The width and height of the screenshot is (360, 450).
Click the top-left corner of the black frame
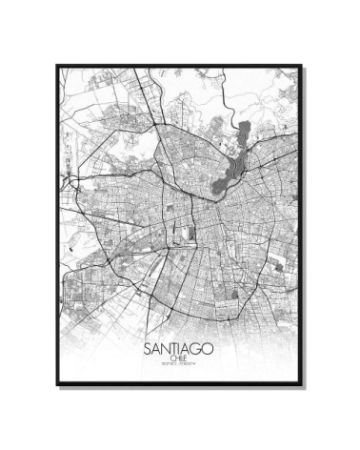57,66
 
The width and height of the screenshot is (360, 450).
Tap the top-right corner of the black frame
302,66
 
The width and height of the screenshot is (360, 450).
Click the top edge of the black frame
179,66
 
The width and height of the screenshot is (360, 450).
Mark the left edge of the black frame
57,225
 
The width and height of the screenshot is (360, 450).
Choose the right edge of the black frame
302,225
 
